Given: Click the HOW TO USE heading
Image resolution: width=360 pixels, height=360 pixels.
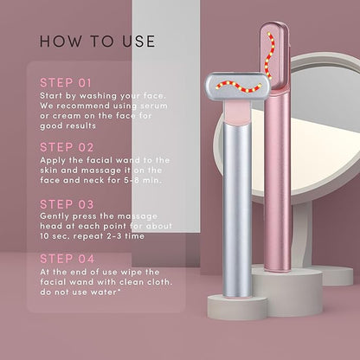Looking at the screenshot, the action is pyautogui.click(x=98, y=42).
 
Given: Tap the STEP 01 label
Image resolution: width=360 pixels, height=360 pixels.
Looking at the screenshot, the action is pyautogui.click(x=66, y=83).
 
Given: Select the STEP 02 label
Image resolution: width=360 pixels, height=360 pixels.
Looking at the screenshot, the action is pyautogui.click(x=67, y=147).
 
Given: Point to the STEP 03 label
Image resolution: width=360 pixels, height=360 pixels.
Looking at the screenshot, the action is pyautogui.click(x=67, y=204).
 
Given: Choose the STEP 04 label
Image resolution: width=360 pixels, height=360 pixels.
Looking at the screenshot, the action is pyautogui.click(x=67, y=259).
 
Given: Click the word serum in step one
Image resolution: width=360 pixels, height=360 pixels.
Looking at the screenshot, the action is pyautogui.click(x=154, y=106).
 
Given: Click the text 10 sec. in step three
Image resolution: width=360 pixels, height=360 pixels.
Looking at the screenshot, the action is pyautogui.click(x=55, y=236).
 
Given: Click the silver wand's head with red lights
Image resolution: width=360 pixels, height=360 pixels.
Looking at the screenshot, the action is pyautogui.click(x=238, y=87).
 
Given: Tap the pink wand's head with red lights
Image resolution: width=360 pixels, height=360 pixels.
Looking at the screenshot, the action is pyautogui.click(x=274, y=55).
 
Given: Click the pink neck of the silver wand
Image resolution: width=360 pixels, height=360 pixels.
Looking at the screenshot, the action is pyautogui.click(x=237, y=113).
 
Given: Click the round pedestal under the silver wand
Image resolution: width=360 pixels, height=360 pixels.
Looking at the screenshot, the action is pyautogui.click(x=237, y=307).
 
